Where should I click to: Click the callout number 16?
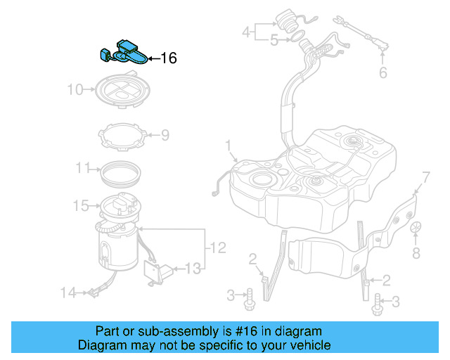pos(169,58)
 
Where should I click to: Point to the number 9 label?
pos(165,134)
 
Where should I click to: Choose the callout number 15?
pos(81,205)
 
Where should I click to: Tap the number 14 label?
pos(67,292)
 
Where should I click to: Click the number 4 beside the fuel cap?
pos(246,32)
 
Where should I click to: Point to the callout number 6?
pos(383,72)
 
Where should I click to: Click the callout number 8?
pos(416,252)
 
